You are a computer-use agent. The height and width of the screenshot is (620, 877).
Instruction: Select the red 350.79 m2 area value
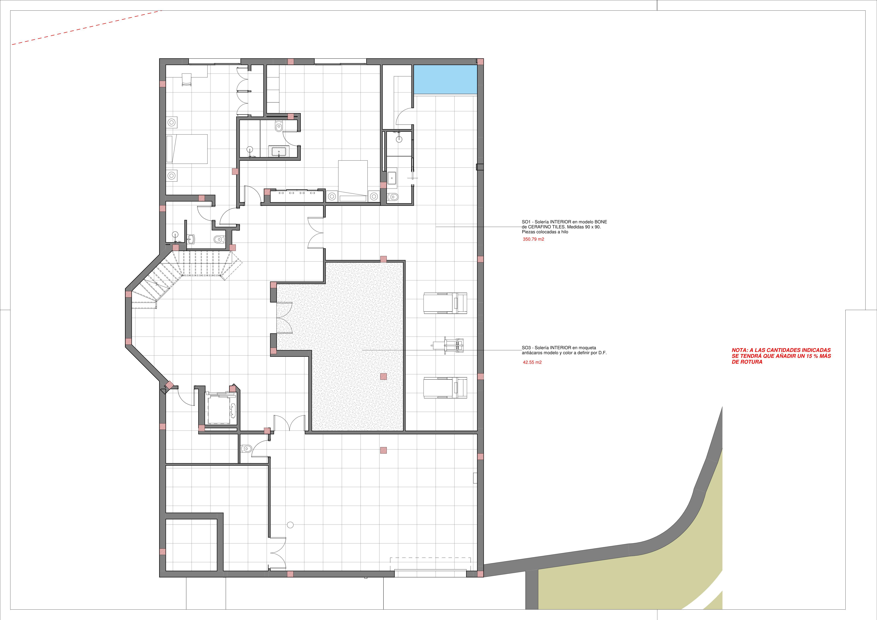point(533,239)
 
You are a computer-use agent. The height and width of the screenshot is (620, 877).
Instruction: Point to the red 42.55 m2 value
point(532,362)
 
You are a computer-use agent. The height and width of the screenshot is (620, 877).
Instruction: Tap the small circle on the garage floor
point(290,525)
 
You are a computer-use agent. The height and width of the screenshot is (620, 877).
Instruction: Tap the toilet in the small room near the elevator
point(246,448)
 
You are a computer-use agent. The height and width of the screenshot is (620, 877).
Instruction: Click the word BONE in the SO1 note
point(600,222)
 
